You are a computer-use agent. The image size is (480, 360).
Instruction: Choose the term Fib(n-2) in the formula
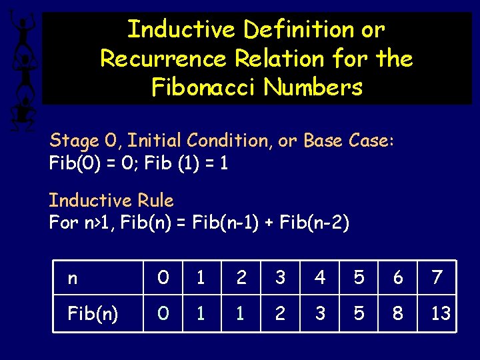(x=313, y=223)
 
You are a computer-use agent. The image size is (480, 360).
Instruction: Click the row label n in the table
(x=73, y=278)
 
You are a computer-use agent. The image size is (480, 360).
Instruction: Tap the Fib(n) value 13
(x=440, y=313)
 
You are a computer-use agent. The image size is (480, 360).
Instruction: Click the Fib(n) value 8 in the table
(x=398, y=313)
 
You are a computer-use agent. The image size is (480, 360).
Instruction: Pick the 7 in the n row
(x=437, y=277)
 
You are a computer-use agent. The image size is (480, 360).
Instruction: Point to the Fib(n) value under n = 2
(x=241, y=313)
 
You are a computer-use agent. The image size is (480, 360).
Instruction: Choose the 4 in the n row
(x=320, y=277)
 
